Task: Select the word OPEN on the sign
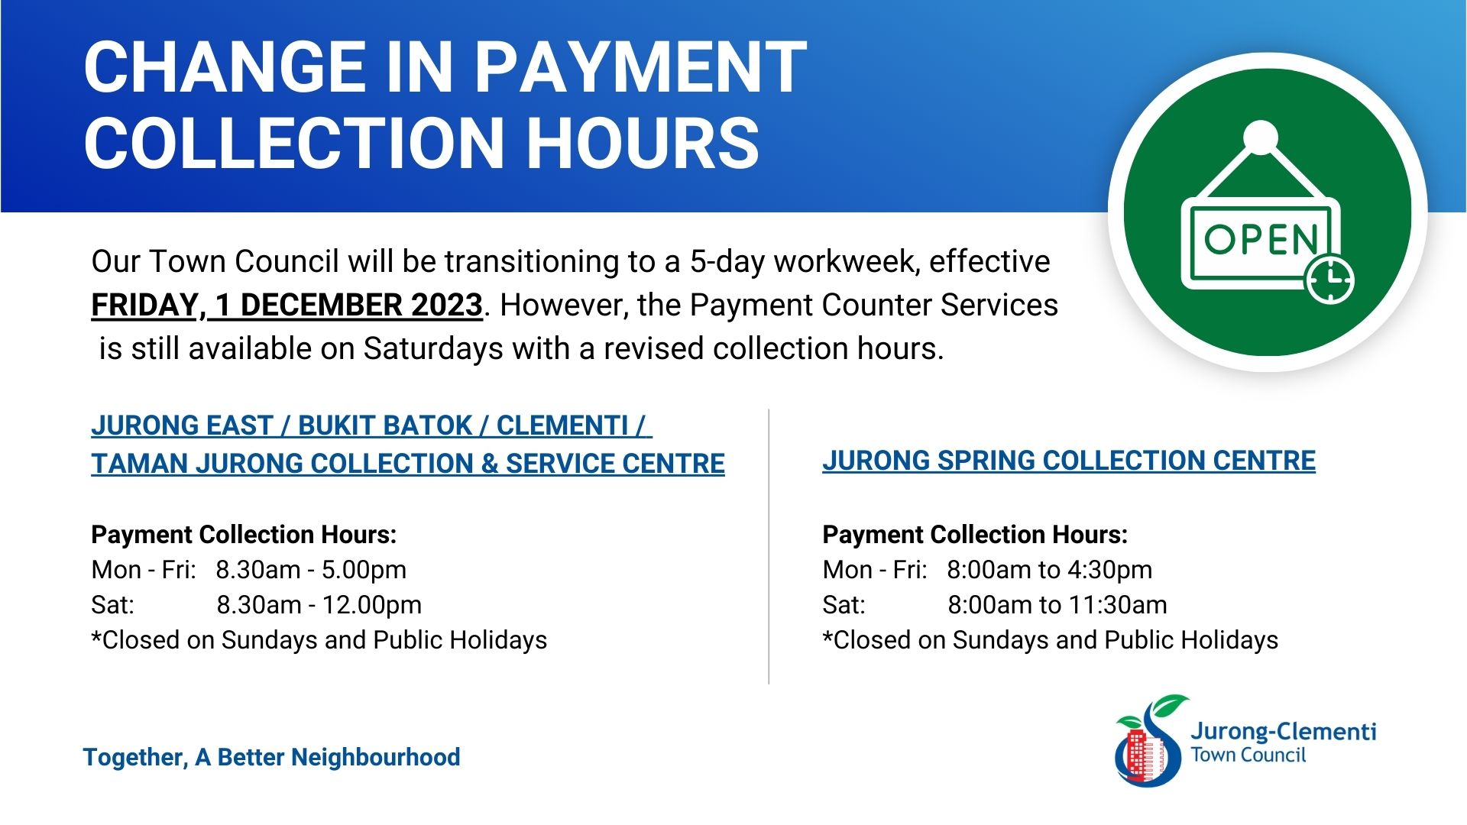tap(1261, 239)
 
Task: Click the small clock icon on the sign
tap(1329, 279)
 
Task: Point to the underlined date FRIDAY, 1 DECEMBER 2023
tap(287, 306)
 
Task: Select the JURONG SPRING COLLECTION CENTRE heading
tap(1069, 461)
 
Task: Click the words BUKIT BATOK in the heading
tap(385, 425)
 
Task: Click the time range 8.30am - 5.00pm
tap(311, 570)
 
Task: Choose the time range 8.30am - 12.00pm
tap(319, 605)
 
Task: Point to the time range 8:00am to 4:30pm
tap(1050, 570)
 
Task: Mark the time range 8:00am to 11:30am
tap(1057, 605)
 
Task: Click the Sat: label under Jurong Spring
tap(844, 605)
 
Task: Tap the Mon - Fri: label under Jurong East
tap(144, 570)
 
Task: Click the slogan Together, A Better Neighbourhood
tap(271, 758)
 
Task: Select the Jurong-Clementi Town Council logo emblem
tap(1149, 741)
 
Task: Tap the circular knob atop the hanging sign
tap(1260, 137)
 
